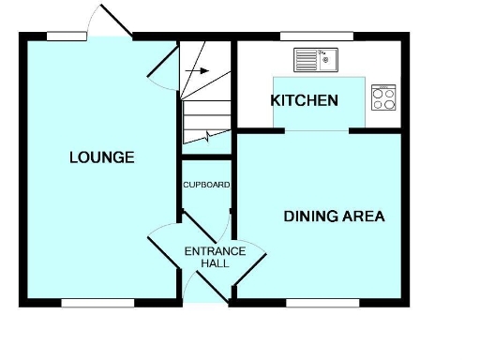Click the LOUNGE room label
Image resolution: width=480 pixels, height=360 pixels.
tap(101, 157)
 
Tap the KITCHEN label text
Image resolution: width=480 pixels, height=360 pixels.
tap(304, 99)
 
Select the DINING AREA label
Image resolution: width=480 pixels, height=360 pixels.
tap(334, 217)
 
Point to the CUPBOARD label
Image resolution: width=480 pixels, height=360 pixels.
tap(206, 185)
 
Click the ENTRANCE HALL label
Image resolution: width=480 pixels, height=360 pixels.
tap(215, 257)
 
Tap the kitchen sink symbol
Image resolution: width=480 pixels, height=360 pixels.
tap(317, 60)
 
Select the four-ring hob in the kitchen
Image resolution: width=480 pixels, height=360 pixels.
tap(383, 97)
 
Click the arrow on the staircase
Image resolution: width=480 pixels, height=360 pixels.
tap(198, 69)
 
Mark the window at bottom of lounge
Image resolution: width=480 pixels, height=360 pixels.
tap(97, 302)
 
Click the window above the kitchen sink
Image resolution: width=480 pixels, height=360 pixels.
tap(316, 37)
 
